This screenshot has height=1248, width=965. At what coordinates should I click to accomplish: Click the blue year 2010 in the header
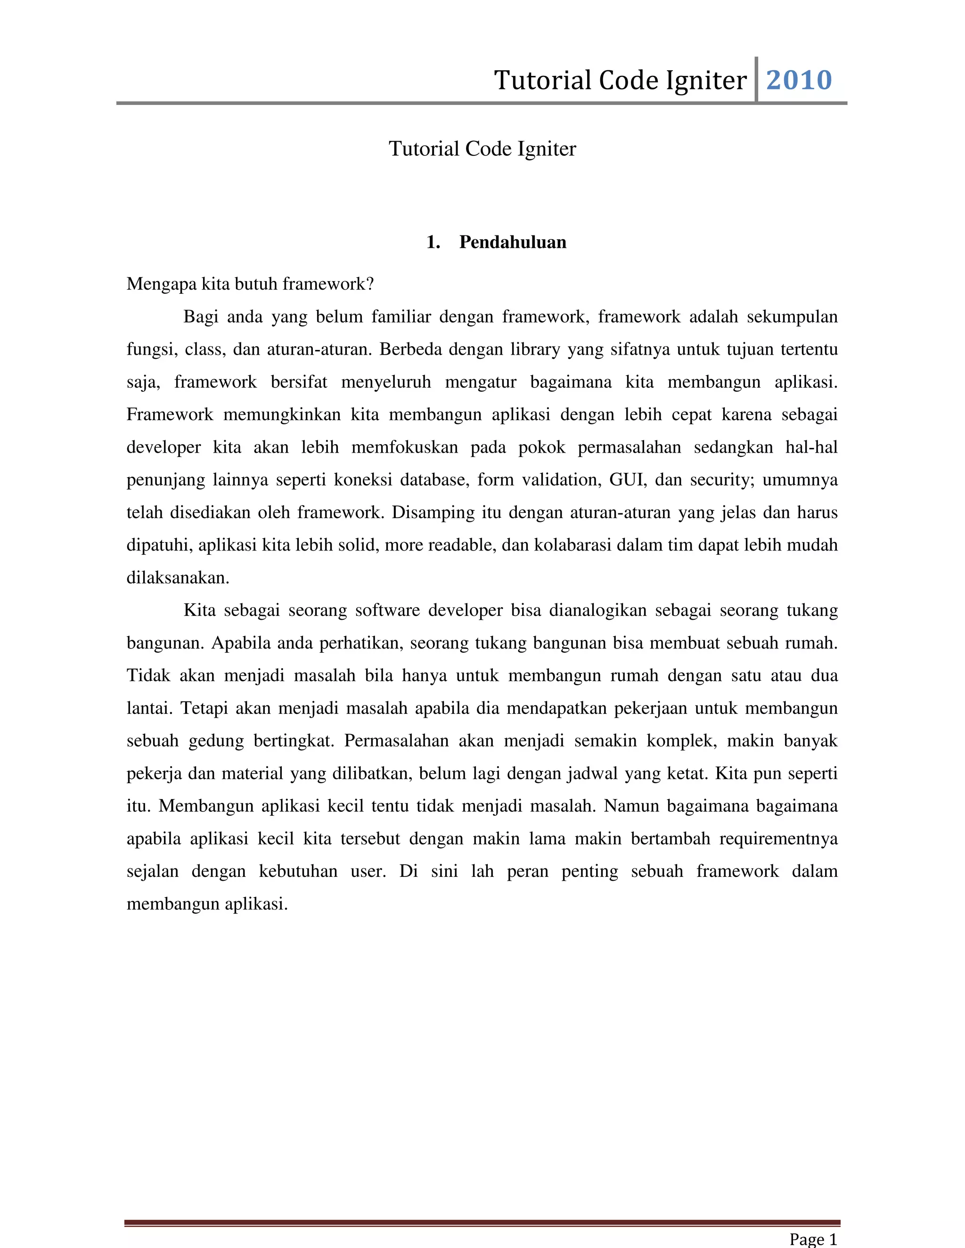(799, 80)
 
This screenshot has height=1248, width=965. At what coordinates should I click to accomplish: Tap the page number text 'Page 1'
(813, 1239)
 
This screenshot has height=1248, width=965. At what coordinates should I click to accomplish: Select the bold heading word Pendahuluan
(513, 242)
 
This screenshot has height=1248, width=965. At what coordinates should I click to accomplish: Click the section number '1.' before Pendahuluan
(433, 242)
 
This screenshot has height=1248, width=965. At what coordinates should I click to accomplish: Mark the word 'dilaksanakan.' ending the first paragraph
(178, 578)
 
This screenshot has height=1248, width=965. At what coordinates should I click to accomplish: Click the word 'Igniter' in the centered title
(547, 149)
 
